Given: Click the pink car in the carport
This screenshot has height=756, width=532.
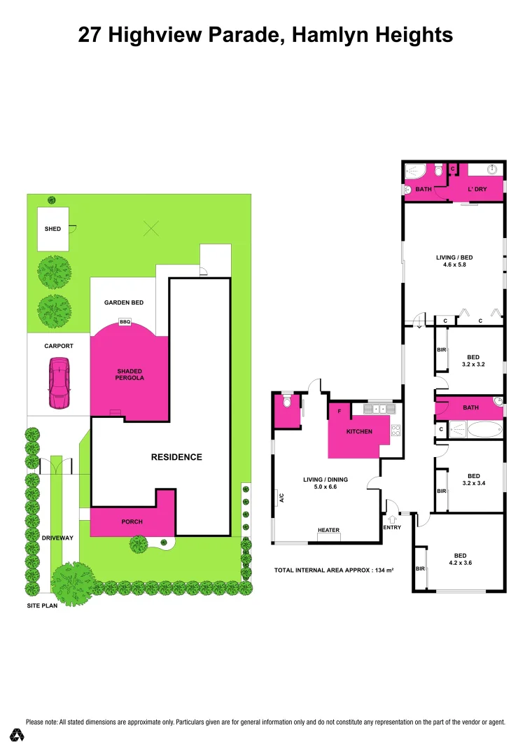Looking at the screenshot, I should pos(59,383).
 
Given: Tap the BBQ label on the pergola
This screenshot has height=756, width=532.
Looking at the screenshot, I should pos(125,322).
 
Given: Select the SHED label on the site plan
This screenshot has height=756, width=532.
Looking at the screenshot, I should pos(52,229).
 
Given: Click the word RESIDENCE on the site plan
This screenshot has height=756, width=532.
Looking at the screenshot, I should pos(176,457).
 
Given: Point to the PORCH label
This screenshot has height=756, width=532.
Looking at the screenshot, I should pos(132,521).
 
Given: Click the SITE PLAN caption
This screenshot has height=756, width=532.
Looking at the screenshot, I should pos(42,605).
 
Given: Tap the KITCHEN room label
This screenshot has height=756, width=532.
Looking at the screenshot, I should pos(359,431).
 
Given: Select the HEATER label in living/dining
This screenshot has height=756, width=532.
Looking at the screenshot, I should pos(328,530).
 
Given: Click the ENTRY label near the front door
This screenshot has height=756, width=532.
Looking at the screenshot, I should pos(393,527).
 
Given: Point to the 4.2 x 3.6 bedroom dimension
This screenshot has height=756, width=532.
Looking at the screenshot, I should pos(459,561).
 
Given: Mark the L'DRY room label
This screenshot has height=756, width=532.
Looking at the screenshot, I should pos(477,189).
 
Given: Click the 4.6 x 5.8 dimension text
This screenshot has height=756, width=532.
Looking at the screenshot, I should pos(451,265).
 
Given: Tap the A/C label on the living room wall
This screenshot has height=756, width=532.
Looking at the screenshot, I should pos(282,498).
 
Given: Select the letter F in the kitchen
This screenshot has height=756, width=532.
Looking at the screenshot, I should pos(339,412).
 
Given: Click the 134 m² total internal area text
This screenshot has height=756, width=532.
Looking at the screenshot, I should pos(381,570).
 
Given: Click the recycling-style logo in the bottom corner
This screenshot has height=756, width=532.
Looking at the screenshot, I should pos(17,734).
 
